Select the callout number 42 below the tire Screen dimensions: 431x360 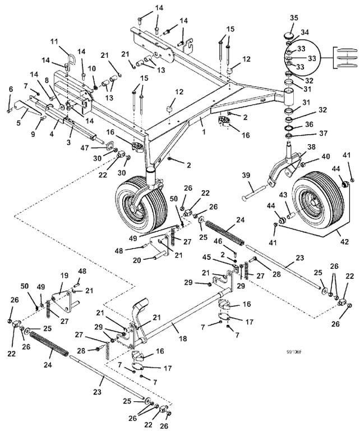tap(344, 242)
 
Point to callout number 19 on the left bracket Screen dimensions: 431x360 tap(64, 276)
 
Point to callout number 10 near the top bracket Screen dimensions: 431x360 tap(91, 69)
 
